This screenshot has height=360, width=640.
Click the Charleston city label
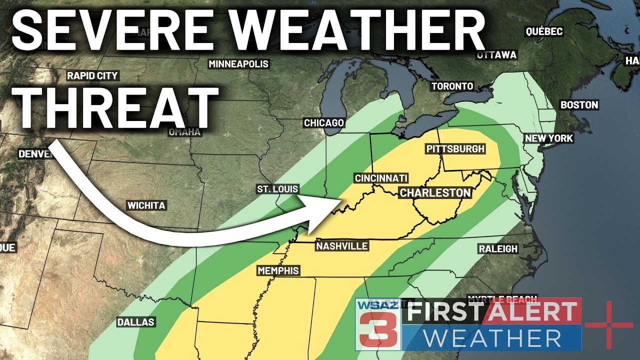435,192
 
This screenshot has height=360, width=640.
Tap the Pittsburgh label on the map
455,149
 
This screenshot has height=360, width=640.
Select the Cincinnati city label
381,178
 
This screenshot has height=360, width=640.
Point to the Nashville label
342,246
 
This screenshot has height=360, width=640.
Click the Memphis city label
278,271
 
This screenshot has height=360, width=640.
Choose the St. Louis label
277,189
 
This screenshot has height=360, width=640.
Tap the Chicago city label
324,123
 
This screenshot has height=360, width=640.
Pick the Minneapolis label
238,64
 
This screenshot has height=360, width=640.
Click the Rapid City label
92,76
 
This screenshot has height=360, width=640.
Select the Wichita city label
146,205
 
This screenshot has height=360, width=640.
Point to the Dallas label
136,322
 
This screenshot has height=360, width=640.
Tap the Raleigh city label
498,249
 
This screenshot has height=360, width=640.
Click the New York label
549,138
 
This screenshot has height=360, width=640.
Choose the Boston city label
579,105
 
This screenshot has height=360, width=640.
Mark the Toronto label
452,86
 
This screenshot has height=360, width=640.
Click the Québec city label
544,32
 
